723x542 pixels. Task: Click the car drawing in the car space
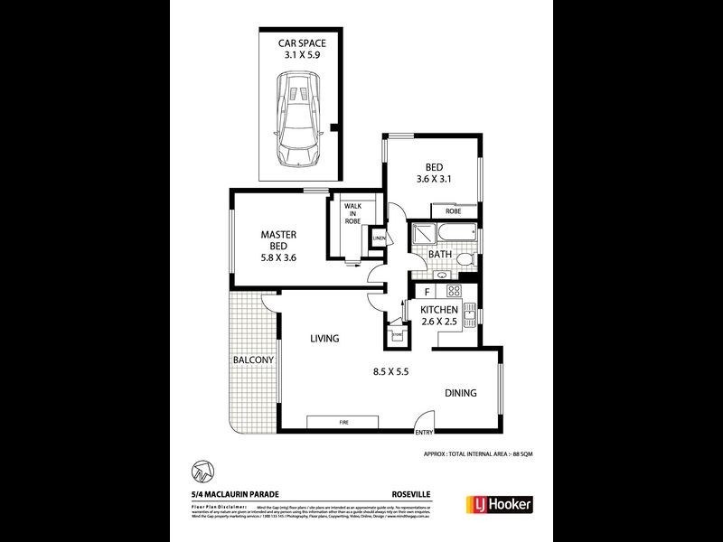click(x=297, y=119)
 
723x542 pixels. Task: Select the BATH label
click(x=440, y=255)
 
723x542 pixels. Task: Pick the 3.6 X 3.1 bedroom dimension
click(x=433, y=179)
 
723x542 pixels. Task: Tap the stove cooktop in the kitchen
click(x=454, y=291)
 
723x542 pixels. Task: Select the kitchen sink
click(x=469, y=316)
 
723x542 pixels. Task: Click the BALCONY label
click(x=253, y=360)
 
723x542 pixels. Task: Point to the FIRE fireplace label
click(x=344, y=422)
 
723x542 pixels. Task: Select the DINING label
click(x=460, y=393)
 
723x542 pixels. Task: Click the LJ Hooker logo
click(x=498, y=503)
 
